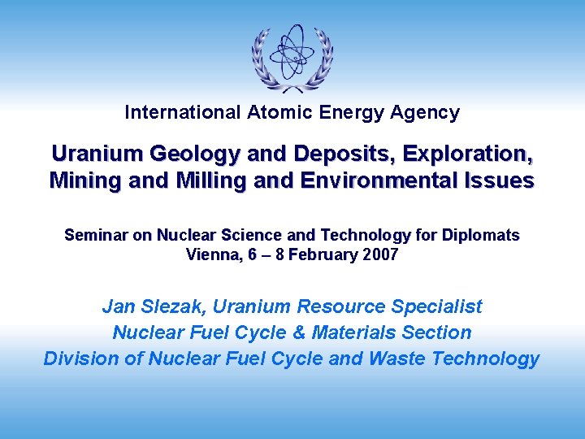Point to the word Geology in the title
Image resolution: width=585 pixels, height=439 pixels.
pyautogui.click(x=178, y=154)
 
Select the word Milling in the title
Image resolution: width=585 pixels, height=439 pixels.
pyautogui.click(x=206, y=180)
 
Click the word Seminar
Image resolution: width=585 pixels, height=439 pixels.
pyautogui.click(x=97, y=236)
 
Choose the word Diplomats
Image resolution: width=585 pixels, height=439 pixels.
pyautogui.click(x=482, y=236)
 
